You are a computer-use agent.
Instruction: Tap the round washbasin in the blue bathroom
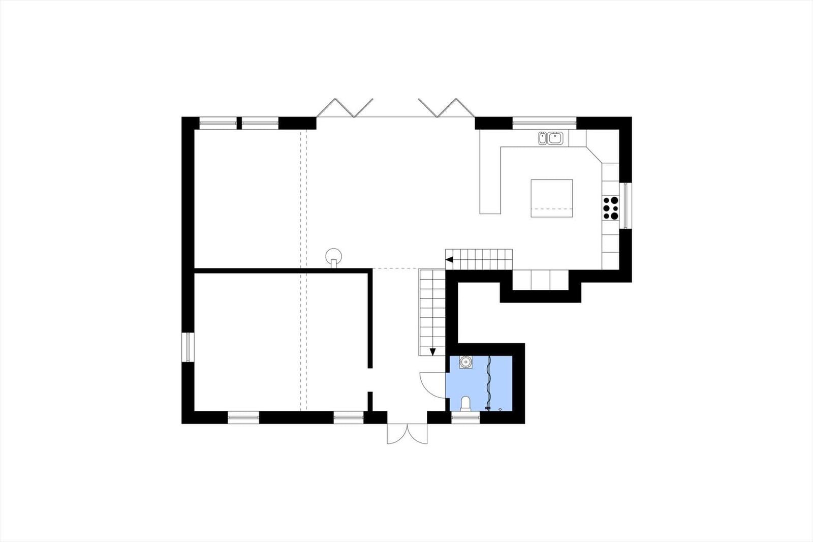pos(465,362)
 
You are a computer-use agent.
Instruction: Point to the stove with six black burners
pos(611,208)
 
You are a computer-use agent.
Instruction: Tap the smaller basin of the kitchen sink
pos(543,137)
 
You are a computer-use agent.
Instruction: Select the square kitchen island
pos(552,198)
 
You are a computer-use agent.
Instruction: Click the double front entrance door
pos(407,434)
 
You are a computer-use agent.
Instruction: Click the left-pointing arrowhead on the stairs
pos(449,260)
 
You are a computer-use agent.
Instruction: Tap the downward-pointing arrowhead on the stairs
pos(433,351)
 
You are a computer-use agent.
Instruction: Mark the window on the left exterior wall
pos(188,347)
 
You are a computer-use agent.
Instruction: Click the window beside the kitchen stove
pos(626,205)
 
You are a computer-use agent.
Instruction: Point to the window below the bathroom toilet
pos(465,417)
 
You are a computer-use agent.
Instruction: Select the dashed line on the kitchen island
pos(552,208)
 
